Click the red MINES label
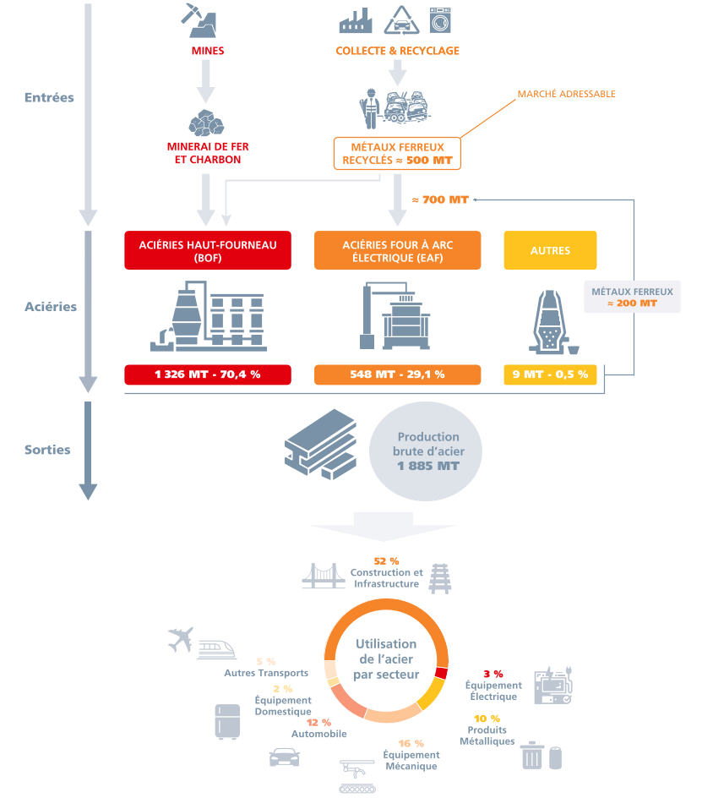pyautogui.click(x=208, y=51)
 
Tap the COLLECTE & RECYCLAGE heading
pyautogui.click(x=397, y=51)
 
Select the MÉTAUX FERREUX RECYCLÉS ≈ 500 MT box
pyautogui.click(x=397, y=153)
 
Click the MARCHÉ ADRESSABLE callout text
pyautogui.click(x=566, y=94)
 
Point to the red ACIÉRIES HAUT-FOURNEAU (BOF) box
pyautogui.click(x=208, y=250)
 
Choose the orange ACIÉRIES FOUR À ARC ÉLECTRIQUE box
pyautogui.click(x=397, y=250)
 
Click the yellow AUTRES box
pyautogui.click(x=550, y=250)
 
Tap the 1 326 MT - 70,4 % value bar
pyautogui.click(x=208, y=374)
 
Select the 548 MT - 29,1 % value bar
pyautogui.click(x=397, y=374)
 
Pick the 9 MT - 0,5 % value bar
pyautogui.click(x=550, y=374)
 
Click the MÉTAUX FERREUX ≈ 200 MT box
pyautogui.click(x=632, y=297)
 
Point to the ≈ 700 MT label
pyautogui.click(x=439, y=199)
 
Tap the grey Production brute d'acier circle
pyautogui.click(x=427, y=451)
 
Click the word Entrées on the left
pyautogui.click(x=49, y=97)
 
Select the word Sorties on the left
pyautogui.click(x=47, y=450)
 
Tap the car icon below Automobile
pyautogui.click(x=284, y=756)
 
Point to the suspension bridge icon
pyautogui.click(x=324, y=577)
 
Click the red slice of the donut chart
pyautogui.click(x=441, y=673)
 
